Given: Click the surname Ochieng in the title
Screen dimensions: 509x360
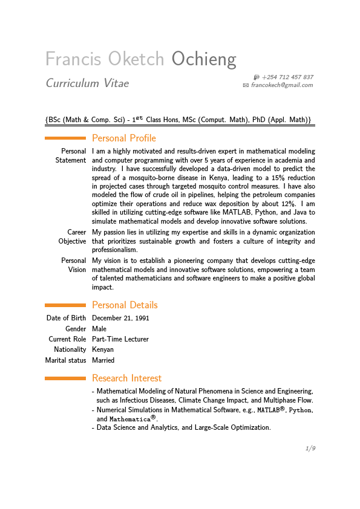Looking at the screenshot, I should (204, 59).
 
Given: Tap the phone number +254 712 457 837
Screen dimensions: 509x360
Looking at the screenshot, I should (287, 77).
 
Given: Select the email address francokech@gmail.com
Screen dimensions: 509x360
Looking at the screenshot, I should (282, 85).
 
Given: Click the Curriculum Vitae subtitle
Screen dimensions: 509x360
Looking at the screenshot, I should (87, 83).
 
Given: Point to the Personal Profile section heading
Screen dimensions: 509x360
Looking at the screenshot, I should (124, 138).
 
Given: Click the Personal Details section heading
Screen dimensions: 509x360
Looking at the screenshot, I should (125, 305).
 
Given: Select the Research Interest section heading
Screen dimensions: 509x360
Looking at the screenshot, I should (126, 378).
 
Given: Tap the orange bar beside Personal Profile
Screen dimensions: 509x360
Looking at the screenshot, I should (65, 138).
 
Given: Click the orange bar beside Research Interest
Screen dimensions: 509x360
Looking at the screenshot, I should (65, 378).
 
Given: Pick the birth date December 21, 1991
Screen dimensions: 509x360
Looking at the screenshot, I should (120, 319).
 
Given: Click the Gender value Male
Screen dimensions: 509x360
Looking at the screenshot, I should (99, 329).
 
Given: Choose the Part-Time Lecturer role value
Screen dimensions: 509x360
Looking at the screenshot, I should (120, 340).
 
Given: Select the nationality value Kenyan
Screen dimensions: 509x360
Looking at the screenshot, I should (103, 350).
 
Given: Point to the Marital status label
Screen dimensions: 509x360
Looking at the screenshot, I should (65, 360).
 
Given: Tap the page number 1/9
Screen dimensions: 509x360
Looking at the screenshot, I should (310, 449).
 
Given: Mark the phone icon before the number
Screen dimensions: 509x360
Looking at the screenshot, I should (257, 77).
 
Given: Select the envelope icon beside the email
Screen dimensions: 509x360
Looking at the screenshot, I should (246, 86).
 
